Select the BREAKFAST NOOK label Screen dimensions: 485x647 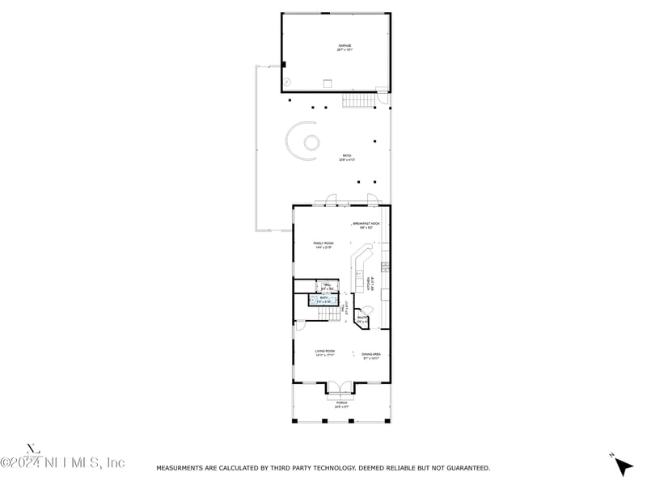[366, 225]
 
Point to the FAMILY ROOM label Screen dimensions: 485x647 [323, 244]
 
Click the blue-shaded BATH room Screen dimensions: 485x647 [323, 299]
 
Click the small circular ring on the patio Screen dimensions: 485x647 [311, 142]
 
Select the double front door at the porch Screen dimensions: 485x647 [340, 387]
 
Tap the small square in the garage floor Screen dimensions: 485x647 [328, 82]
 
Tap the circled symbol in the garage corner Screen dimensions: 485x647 [288, 81]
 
